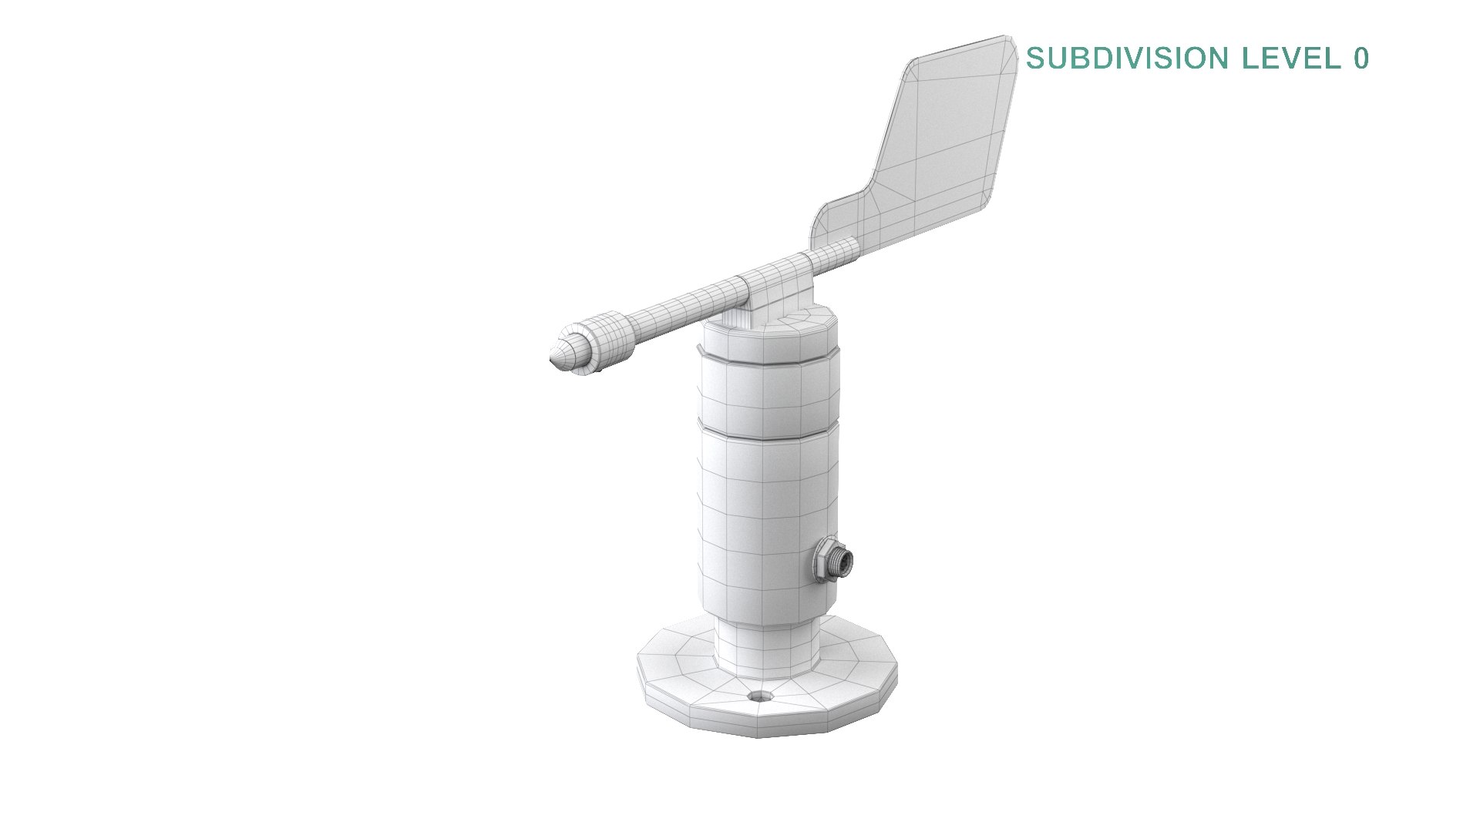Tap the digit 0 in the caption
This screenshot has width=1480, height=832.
pyautogui.click(x=1361, y=59)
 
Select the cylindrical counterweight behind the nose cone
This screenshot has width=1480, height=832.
pyautogui.click(x=605, y=344)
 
